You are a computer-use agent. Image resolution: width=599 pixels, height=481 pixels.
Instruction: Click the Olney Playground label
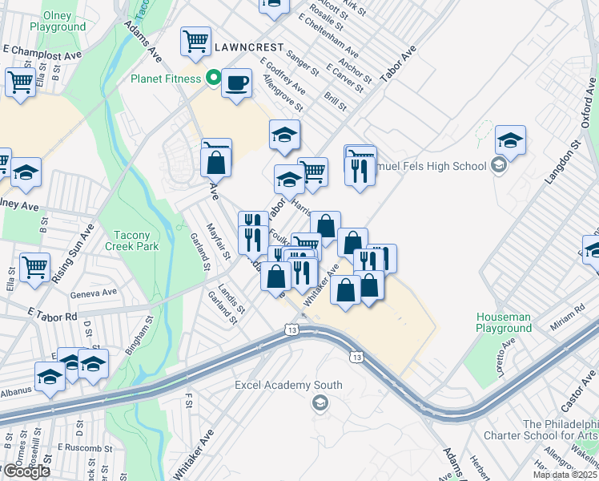[x=57, y=21]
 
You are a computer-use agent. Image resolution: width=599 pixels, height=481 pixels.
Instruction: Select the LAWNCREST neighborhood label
[x=247, y=48]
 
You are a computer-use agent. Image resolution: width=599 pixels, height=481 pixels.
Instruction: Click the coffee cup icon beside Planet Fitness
[x=236, y=83]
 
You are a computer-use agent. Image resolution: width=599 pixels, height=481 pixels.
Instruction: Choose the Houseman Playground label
[x=504, y=323]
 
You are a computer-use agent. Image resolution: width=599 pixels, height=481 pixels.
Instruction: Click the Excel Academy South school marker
[x=320, y=402]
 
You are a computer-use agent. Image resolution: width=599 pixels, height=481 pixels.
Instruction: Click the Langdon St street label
[x=562, y=164]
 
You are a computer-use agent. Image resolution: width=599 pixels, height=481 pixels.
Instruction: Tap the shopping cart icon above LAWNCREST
[x=195, y=40]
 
